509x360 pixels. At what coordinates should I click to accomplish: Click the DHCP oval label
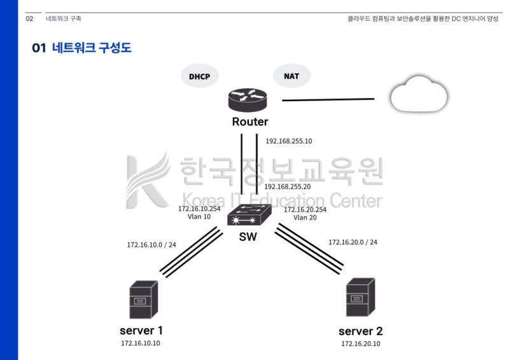tap(199, 76)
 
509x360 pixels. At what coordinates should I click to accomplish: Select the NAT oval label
tap(291, 76)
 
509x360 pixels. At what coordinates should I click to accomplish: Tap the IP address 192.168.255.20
tap(287, 186)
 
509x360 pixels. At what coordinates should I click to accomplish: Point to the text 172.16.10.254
tap(199, 209)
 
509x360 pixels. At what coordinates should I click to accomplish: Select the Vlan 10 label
tap(199, 216)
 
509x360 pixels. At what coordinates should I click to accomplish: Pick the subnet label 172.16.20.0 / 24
tap(352, 242)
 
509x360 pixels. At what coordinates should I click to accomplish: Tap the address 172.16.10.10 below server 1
tap(141, 343)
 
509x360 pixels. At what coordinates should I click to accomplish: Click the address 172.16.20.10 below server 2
tap(360, 343)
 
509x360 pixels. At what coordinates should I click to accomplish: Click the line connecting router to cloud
tap(328, 99)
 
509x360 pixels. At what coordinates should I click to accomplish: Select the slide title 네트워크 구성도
tap(91, 48)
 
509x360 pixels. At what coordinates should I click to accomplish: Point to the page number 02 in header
tap(29, 18)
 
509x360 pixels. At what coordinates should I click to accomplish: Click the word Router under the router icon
tap(249, 121)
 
